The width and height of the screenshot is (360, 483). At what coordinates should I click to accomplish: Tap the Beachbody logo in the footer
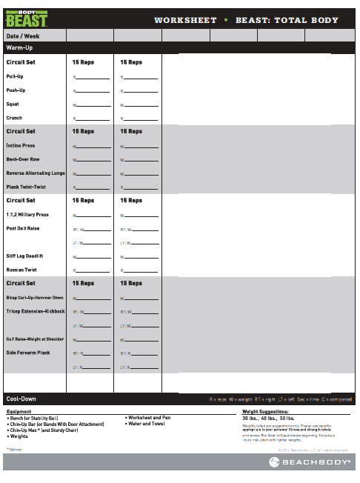(x=310, y=462)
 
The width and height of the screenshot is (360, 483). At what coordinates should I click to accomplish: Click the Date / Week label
(x=22, y=36)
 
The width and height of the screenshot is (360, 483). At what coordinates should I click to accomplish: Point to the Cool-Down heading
(x=21, y=399)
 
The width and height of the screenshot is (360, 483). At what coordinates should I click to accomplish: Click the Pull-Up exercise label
(x=15, y=76)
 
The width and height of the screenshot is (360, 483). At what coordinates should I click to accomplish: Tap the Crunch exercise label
(x=14, y=118)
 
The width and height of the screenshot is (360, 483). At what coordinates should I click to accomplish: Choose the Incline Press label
(x=20, y=146)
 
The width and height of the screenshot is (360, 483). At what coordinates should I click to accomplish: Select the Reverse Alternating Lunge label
(x=36, y=173)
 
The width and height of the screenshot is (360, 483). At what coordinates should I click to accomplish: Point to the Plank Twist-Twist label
(x=25, y=187)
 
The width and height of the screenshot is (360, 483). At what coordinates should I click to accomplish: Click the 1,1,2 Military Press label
(x=28, y=215)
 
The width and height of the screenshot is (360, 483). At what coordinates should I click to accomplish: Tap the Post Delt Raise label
(x=22, y=228)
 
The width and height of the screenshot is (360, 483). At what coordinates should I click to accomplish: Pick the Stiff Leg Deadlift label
(x=25, y=256)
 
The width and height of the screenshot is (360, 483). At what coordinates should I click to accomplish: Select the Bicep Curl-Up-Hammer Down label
(x=35, y=298)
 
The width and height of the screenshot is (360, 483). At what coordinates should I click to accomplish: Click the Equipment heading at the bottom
(x=19, y=411)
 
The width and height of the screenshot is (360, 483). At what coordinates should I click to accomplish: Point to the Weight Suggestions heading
(x=265, y=411)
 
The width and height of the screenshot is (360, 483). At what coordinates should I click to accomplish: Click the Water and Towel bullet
(x=147, y=424)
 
